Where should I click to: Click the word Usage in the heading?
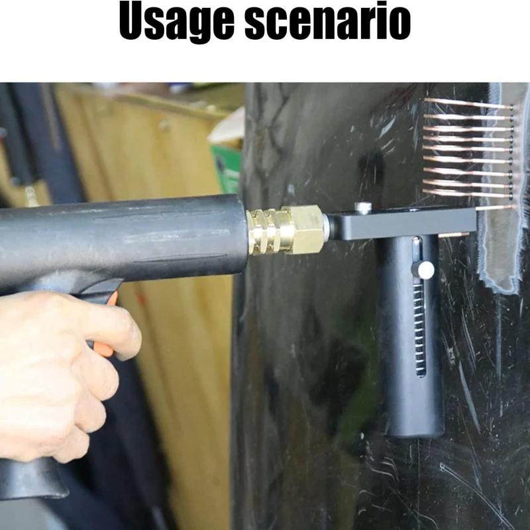pos(176,21)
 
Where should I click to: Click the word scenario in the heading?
pos(327,21)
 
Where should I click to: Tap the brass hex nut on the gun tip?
pos(305,229)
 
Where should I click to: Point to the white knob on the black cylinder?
pos(425,270)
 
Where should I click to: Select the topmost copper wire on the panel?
pos(468,103)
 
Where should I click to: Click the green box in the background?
pos(226,169)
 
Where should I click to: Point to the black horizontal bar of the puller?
pos(402,223)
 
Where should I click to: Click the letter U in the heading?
pos(133,21)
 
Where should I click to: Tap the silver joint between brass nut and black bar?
pos(327,227)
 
